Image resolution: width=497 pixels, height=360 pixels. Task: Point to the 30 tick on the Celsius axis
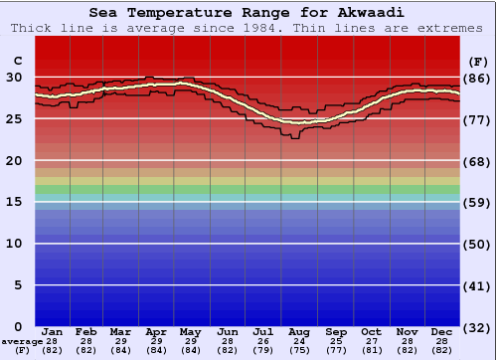click(14, 78)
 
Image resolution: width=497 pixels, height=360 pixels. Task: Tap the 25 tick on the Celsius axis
click(14, 119)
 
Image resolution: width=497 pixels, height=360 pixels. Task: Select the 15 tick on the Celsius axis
click(14, 202)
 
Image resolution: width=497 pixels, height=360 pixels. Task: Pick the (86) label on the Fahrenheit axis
click(477, 78)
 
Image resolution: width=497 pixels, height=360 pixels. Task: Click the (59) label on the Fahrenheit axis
click(477, 202)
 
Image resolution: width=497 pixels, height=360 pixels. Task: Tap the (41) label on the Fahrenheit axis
click(477, 285)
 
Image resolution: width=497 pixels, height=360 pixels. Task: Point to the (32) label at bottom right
click(477, 327)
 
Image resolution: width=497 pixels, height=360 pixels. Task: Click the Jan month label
click(53, 332)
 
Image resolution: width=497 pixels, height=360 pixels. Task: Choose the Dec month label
click(441, 332)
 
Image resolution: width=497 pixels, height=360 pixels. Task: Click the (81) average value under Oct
click(371, 350)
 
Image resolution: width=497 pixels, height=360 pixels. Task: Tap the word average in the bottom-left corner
click(22, 341)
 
